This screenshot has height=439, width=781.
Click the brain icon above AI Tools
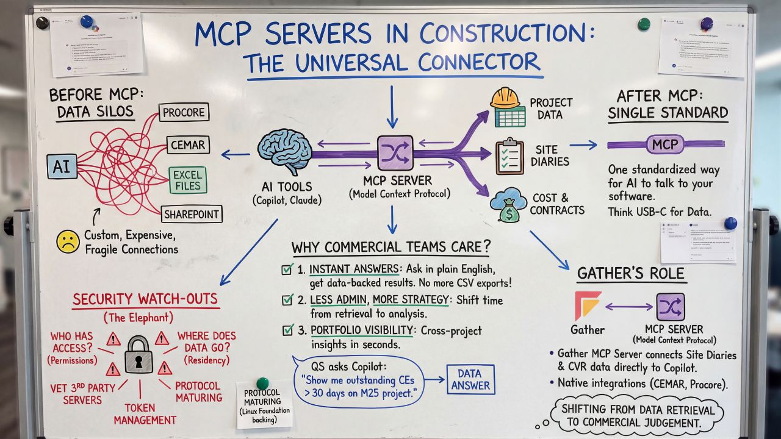[x=285, y=151]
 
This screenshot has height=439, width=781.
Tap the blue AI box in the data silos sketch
[x=62, y=166]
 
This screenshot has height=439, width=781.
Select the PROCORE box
[x=184, y=112]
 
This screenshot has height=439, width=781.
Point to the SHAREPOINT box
[x=192, y=214]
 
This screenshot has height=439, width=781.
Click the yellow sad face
[x=68, y=241]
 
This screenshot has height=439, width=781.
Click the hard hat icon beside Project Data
[x=506, y=106]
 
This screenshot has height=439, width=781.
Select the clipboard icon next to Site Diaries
[x=509, y=157]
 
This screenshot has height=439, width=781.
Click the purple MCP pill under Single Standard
[x=665, y=145]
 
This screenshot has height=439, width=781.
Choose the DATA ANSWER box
[x=470, y=379]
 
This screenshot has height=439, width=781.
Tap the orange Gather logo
[x=588, y=305]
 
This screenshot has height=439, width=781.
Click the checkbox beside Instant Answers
[x=287, y=269]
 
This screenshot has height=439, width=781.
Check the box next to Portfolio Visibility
[x=287, y=330]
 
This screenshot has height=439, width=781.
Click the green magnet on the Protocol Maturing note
[x=262, y=383]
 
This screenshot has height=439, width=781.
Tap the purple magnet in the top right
[x=707, y=23]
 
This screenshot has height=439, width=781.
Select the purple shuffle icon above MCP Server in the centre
[x=392, y=152]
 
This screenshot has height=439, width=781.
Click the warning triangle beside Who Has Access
[x=113, y=338]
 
